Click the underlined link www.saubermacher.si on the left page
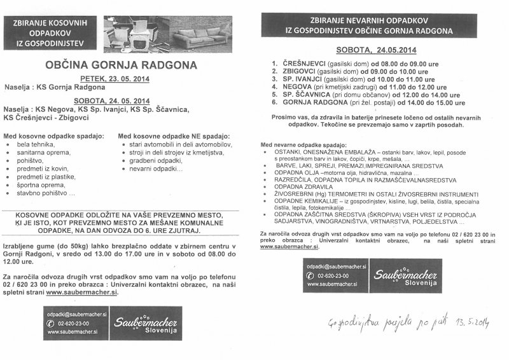81,293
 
